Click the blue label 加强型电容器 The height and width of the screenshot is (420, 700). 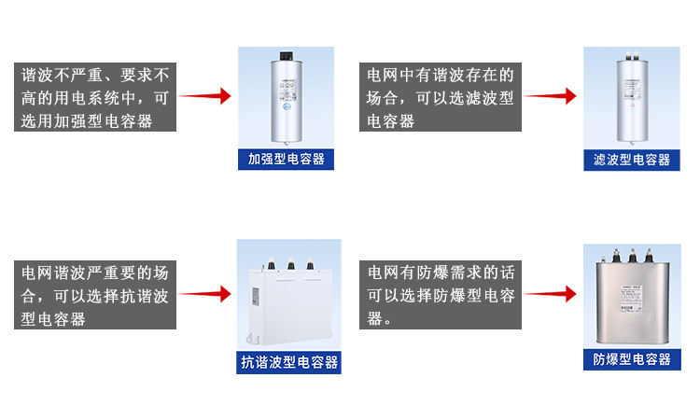tap(287, 159)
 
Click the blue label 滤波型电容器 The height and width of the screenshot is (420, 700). tap(632, 160)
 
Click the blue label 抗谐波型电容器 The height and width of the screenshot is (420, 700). tap(289, 362)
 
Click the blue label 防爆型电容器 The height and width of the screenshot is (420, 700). tap(632, 359)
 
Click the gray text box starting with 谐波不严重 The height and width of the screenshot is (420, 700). tap(95, 97)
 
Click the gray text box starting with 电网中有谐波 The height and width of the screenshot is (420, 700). tap(441, 97)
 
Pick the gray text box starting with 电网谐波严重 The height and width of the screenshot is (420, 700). tap(95, 295)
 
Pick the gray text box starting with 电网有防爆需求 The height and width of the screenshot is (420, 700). tap(441, 295)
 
